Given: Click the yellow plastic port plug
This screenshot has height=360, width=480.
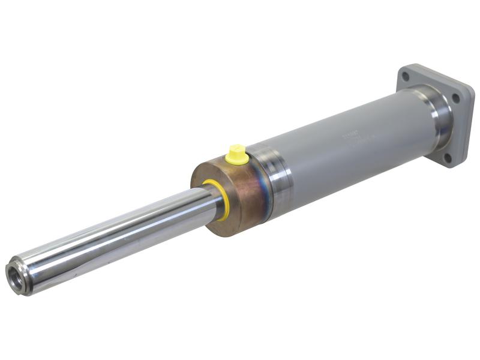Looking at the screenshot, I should [x=236, y=154].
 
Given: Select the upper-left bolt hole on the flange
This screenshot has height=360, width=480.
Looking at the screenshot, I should [x=406, y=77].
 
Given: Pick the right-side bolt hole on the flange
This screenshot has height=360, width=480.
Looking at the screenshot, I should [x=456, y=98].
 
